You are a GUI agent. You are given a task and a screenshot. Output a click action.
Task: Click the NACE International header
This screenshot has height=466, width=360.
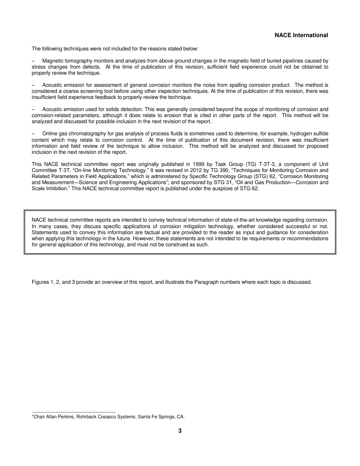(x=301, y=35)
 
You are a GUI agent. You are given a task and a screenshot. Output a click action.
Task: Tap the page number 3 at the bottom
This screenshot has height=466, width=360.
(x=180, y=431)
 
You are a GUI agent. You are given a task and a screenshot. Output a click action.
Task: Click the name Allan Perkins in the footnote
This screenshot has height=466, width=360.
(x=59, y=417)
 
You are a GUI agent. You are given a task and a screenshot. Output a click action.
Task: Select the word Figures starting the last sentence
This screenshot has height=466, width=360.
(x=40, y=282)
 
